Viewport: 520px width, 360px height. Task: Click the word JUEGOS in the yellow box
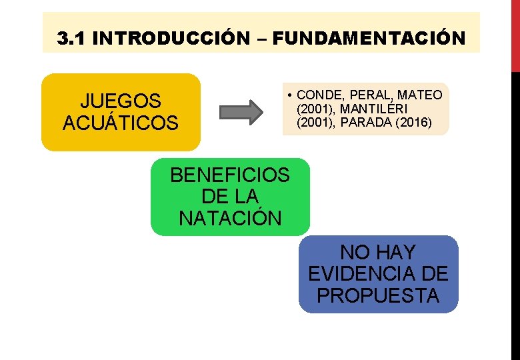(121, 101)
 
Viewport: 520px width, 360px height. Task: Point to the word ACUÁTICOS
(121, 123)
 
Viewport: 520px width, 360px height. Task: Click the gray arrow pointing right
(241, 112)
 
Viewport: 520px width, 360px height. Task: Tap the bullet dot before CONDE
(291, 95)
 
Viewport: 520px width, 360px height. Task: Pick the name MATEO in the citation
(420, 95)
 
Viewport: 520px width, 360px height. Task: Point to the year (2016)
(412, 123)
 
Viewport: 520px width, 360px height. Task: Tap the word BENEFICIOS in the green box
(230, 175)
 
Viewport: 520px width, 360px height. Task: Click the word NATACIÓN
(230, 218)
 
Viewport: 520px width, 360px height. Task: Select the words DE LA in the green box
(230, 197)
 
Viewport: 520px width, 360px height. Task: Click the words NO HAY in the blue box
(378, 253)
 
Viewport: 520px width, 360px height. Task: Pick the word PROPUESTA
(378, 295)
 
